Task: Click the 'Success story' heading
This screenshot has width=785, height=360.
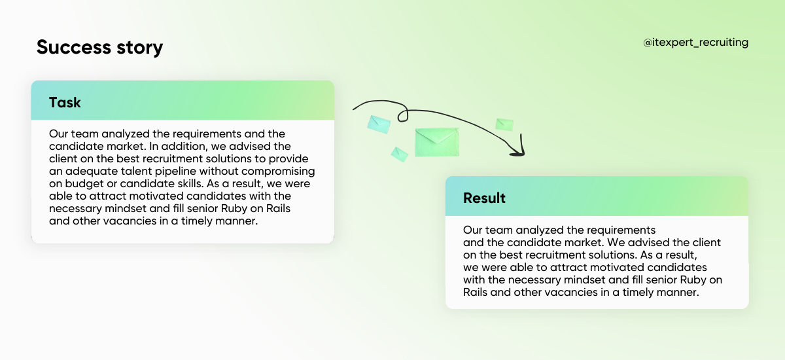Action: point(99,47)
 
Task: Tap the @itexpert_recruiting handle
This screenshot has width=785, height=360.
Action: point(696,43)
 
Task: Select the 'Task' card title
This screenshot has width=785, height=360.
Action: point(65,102)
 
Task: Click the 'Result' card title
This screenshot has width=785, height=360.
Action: point(484,198)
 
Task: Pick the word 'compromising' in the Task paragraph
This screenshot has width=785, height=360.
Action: point(283,171)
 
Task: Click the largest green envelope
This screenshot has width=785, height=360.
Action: point(437,142)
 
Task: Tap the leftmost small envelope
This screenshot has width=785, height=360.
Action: point(379,124)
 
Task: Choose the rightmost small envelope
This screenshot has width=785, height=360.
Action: point(504,124)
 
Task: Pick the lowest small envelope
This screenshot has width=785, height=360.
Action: point(399,154)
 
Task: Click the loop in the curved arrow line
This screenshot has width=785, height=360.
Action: point(402,115)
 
